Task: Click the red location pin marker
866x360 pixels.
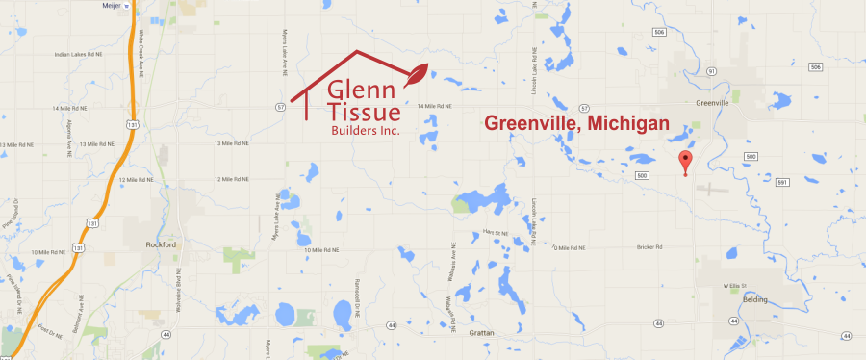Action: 684,163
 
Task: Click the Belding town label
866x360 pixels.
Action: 755,300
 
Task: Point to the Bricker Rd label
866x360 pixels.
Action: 650,247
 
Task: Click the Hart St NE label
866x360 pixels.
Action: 494,233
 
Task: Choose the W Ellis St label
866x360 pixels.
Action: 734,285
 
